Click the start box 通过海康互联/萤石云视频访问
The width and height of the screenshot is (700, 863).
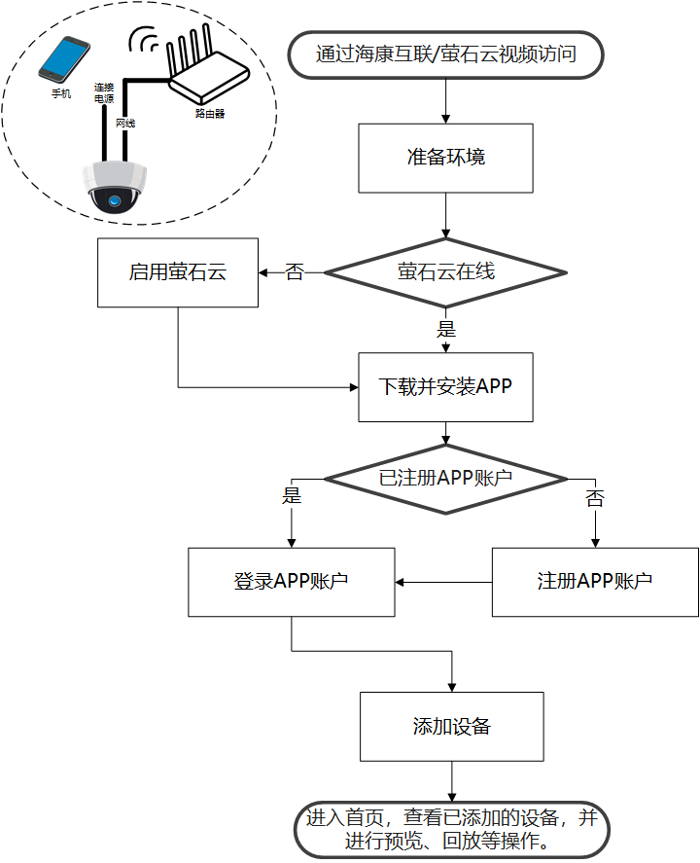[446, 54]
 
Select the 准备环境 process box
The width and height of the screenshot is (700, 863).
[446, 158]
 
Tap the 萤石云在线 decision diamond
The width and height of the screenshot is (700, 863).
[446, 272]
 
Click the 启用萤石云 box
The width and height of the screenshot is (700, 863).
[178, 272]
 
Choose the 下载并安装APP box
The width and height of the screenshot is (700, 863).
[446, 386]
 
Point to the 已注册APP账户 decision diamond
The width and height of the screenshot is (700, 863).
[446, 478]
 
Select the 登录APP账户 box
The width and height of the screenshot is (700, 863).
[292, 582]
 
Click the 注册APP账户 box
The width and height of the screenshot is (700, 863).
[595, 582]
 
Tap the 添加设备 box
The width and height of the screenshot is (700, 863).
[452, 726]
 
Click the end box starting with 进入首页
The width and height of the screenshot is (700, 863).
[452, 829]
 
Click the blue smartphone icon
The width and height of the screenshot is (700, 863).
[63, 59]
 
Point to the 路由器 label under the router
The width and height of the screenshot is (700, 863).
[209, 114]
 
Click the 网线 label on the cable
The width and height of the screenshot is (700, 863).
[125, 124]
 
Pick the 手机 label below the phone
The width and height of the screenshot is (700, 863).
[61, 94]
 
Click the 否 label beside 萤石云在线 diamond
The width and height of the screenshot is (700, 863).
[295, 272]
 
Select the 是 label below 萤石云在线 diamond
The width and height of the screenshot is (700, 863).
[446, 328]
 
